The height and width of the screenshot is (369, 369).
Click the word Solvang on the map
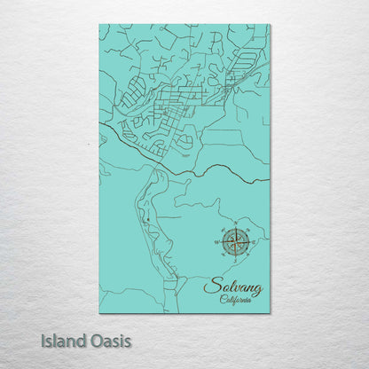click(x=233, y=287)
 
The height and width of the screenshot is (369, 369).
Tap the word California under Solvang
click(x=236, y=301)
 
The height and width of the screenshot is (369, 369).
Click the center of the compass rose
click(x=235, y=240)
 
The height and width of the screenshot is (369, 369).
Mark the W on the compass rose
click(x=216, y=240)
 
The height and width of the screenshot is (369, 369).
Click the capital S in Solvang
click(x=209, y=287)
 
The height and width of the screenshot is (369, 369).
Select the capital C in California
click(x=222, y=301)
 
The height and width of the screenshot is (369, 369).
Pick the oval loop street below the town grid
click(x=184, y=141)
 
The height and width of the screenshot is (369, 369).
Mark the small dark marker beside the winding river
click(x=137, y=214)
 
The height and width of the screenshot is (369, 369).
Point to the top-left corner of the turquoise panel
click(x=100, y=25)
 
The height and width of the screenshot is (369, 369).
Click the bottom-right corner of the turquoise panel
click(x=270, y=312)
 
